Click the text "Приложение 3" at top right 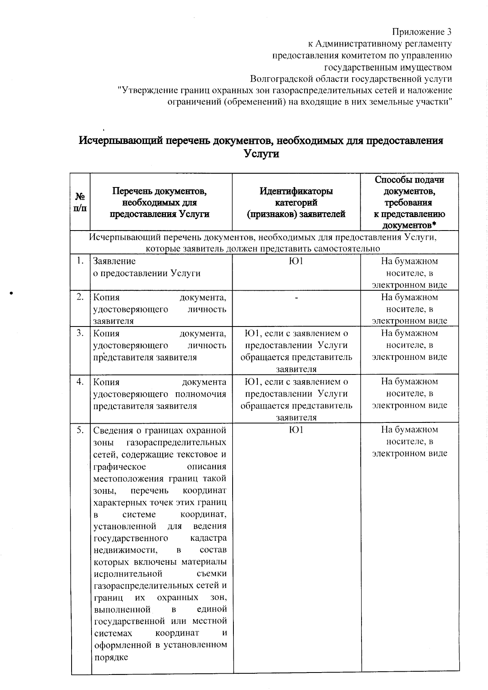pos(422,32)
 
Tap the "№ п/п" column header pos(80,202)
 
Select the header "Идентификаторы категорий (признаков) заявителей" pos(296,202)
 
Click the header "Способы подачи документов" pos(409,202)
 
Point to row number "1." pos(81,261)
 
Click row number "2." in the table pos(81,297)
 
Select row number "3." pos(81,333)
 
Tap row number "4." pos(81,381)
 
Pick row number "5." pos(81,430)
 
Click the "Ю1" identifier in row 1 pos(296,261)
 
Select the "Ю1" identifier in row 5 pos(296,430)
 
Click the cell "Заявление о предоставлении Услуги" pos(147,267)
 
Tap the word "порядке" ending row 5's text pos(111,657)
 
